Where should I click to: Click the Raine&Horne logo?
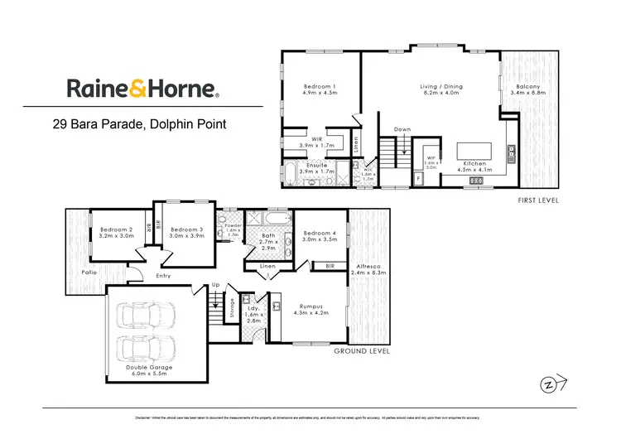(142, 89)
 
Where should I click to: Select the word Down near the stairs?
(402, 130)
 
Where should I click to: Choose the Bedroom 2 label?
(117, 233)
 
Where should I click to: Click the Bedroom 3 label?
(186, 233)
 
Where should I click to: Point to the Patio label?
(79, 270)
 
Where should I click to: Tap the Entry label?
(162, 276)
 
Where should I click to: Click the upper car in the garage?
(147, 316)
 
